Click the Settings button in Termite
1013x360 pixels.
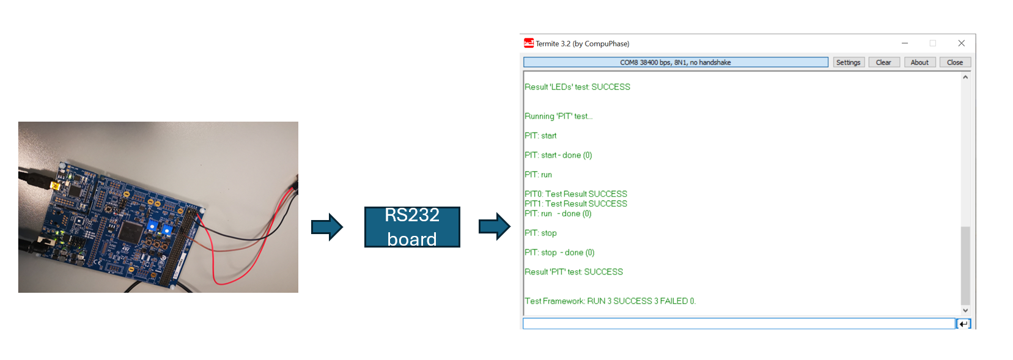[848, 62]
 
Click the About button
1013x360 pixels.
[919, 62]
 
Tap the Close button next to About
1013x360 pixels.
[954, 62]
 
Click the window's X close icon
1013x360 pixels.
[961, 43]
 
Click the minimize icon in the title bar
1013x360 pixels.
[904, 43]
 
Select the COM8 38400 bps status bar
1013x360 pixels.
[675, 62]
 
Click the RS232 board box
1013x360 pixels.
[412, 227]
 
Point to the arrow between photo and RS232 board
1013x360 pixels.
[327, 227]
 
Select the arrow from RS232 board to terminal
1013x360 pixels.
[494, 227]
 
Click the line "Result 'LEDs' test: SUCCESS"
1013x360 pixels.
[577, 87]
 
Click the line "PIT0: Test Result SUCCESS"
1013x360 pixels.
[576, 194]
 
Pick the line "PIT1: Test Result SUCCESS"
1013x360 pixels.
[576, 204]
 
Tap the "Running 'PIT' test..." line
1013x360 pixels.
[558, 116]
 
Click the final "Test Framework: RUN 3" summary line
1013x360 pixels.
[610, 301]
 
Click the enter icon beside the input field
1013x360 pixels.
[963, 324]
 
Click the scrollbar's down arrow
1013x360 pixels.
[965, 310]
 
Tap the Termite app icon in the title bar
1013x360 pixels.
[529, 43]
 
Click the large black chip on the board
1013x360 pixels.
[131, 232]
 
